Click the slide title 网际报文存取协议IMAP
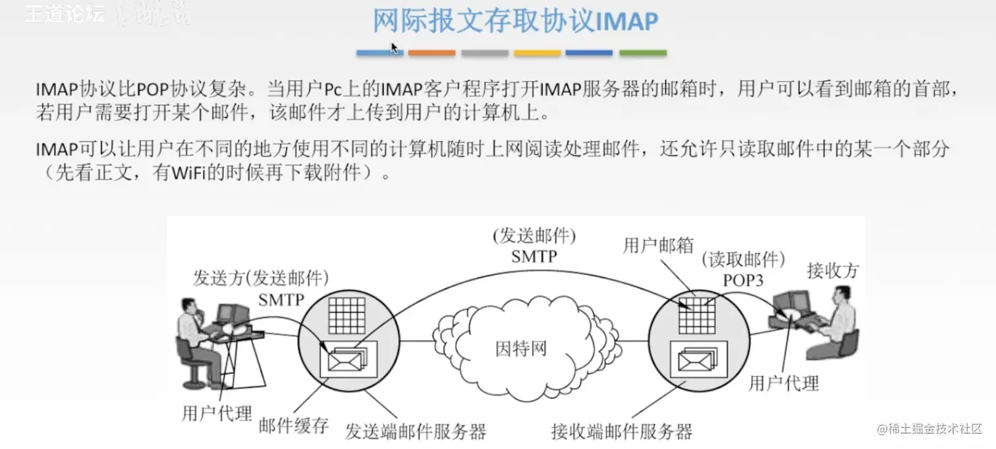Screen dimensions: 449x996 [515, 21]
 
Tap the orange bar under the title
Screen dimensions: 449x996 [431, 53]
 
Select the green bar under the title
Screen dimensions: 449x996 [642, 53]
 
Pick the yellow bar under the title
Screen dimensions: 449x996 [537, 53]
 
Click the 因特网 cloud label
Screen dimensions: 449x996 [520, 347]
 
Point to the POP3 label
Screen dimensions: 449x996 [743, 280]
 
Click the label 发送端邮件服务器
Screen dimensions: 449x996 [416, 432]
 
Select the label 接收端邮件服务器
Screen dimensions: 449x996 [622, 432]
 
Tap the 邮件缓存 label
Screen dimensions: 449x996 [294, 425]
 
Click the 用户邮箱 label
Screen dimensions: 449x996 [658, 246]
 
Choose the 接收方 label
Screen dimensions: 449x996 [833, 270]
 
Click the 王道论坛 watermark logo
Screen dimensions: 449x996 [65, 15]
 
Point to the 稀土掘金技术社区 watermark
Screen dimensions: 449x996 [929, 429]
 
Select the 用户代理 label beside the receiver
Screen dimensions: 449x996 [784, 382]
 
